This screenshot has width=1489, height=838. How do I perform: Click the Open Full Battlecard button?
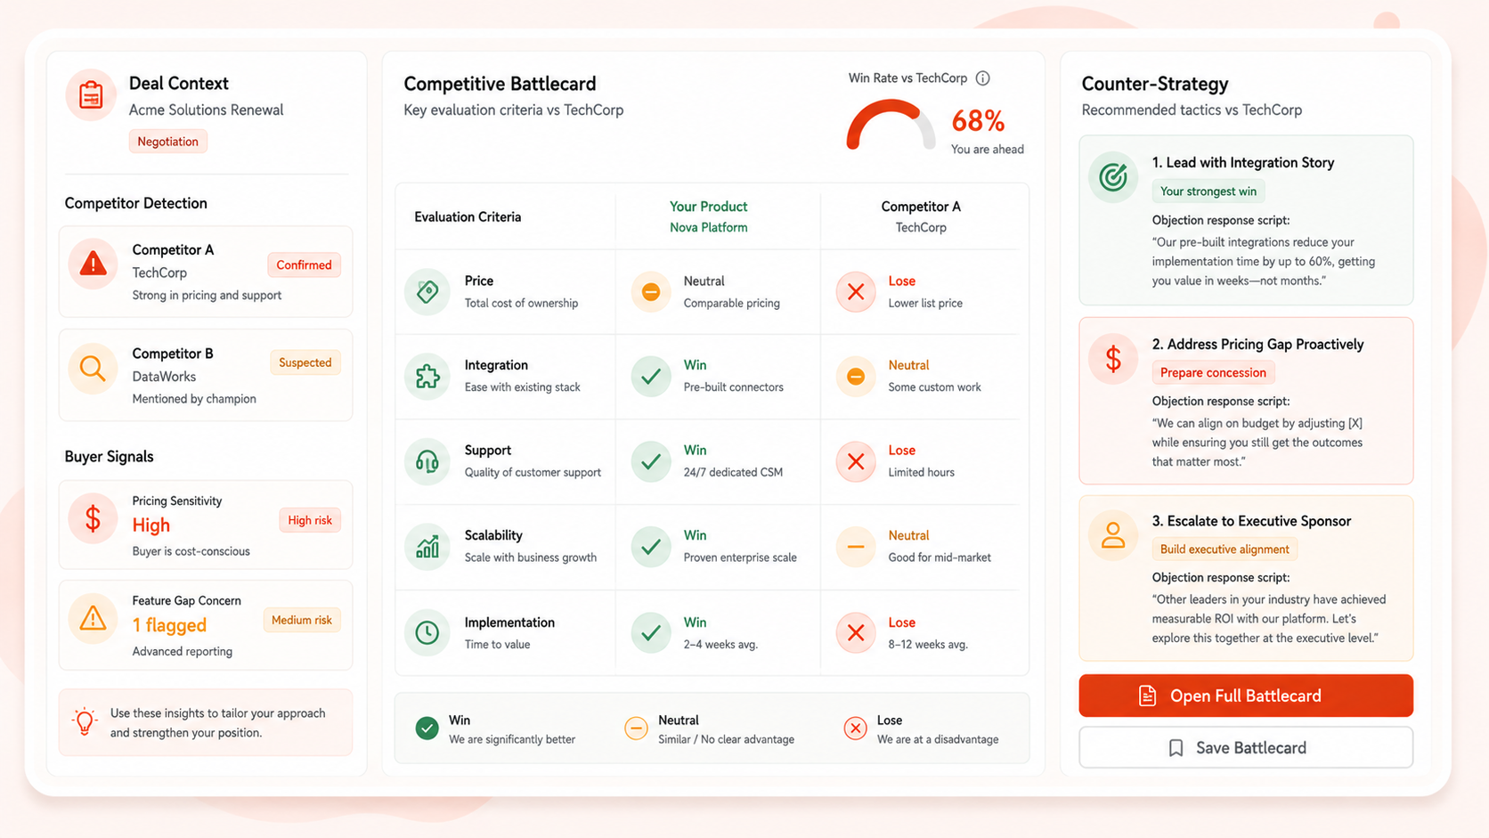[1246, 696]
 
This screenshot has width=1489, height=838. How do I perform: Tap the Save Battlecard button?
[1246, 748]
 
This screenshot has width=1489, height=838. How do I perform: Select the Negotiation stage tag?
[167, 142]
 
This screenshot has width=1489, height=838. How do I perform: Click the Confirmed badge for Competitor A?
[304, 264]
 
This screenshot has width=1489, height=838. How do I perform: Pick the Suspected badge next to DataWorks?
[305, 362]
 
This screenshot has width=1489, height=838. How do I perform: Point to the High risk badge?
[310, 520]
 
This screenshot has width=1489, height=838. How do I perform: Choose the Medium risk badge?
[302, 620]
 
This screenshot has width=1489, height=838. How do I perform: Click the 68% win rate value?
[978, 121]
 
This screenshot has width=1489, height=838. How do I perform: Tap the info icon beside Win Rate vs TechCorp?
[982, 78]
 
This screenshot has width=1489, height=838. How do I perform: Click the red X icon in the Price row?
[856, 291]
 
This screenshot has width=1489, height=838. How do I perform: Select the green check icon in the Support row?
[651, 461]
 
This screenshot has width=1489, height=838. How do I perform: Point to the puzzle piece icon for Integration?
[427, 376]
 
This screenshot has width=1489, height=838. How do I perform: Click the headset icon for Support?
[427, 461]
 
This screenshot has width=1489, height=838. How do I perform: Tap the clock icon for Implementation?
[427, 632]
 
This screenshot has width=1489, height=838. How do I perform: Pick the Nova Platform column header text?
[709, 227]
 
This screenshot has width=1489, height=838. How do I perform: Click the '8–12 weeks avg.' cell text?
[928, 644]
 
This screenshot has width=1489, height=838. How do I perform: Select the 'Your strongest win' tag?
[1208, 191]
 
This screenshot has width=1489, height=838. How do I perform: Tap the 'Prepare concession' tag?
[1213, 372]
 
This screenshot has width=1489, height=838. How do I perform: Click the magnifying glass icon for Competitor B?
[93, 368]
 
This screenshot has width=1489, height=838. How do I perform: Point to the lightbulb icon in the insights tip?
[85, 721]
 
